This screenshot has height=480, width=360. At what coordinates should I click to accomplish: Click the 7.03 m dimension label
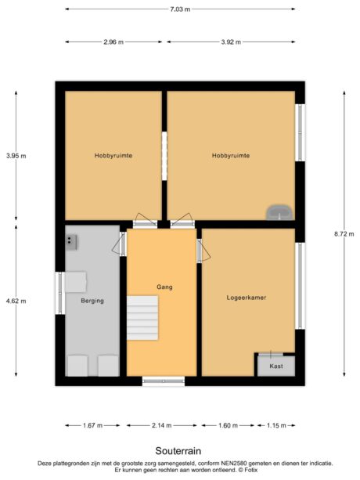pyautogui.click(x=181, y=9)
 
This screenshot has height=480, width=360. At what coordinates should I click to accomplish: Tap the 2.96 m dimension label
pyautogui.click(x=113, y=42)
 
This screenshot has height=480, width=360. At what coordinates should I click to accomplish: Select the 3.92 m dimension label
pyautogui.click(x=232, y=42)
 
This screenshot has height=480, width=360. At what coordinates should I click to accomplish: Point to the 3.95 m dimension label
pyautogui.click(x=16, y=156)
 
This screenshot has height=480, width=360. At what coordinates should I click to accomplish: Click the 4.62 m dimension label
pyautogui.click(x=16, y=300)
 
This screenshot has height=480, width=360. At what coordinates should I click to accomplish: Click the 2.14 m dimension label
pyautogui.click(x=163, y=425)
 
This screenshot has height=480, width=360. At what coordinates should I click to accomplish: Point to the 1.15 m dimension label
pyautogui.click(x=276, y=425)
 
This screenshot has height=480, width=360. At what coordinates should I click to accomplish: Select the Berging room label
pyautogui.click(x=92, y=301)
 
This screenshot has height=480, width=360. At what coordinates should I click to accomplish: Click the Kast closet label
pyautogui.click(x=275, y=366)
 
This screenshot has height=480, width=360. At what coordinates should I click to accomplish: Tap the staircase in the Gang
pyautogui.click(x=143, y=317)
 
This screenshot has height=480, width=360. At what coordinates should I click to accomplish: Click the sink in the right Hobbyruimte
pyautogui.click(x=279, y=211)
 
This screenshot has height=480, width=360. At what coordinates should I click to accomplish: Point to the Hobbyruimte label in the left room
pyautogui.click(x=113, y=156)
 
